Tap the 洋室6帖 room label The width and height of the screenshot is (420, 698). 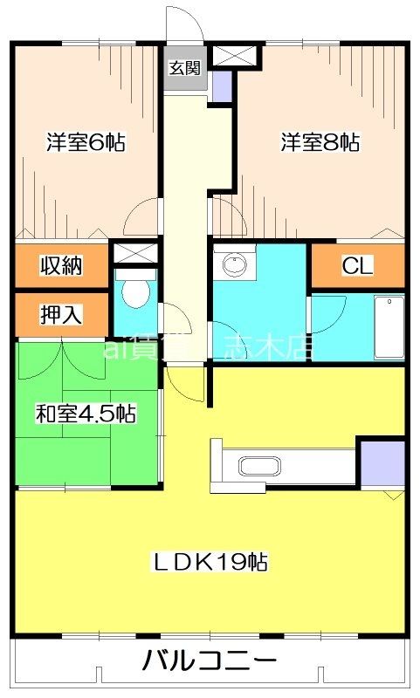click(x=86, y=142)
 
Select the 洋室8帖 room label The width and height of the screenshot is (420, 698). click(x=320, y=142)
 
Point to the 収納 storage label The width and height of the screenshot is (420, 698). click(x=61, y=266)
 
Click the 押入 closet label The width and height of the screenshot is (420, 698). click(x=61, y=315)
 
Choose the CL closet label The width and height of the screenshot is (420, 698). click(x=357, y=266)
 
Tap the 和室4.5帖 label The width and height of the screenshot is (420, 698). click(x=86, y=414)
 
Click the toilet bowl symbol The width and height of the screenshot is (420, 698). click(x=134, y=293)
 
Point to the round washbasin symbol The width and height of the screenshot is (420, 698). click(x=233, y=264)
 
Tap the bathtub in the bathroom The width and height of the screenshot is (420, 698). click(x=388, y=327)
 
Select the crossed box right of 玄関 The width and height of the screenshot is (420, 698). click(x=235, y=55)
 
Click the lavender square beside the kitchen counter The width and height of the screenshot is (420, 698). click(x=382, y=464)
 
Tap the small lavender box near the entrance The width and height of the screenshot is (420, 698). click(x=221, y=86)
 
